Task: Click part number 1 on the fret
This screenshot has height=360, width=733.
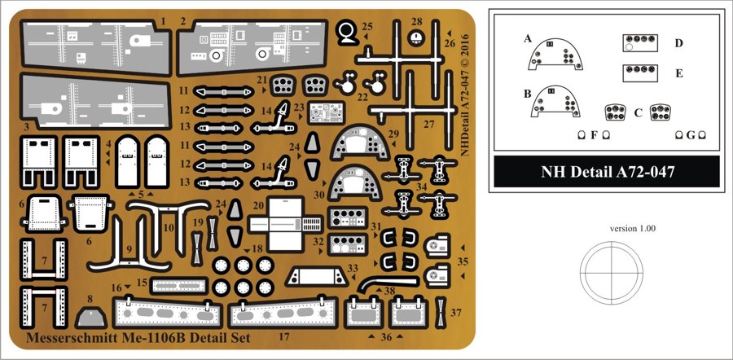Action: (163, 21)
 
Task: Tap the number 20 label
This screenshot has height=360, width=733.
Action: (258, 206)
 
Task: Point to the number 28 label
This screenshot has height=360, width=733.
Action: (417, 21)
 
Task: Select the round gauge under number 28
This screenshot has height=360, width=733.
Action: (415, 38)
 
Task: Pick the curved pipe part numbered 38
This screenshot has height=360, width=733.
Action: (388, 282)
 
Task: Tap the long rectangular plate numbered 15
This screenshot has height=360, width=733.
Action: (179, 285)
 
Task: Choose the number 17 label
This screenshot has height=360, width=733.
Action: (283, 336)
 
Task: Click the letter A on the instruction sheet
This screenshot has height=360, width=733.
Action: (528, 39)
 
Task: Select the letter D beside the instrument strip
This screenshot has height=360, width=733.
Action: (678, 43)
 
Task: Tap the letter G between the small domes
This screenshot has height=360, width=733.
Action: (691, 135)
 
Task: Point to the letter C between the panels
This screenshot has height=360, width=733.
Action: (638, 112)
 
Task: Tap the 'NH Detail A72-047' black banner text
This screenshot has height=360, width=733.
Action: (608, 172)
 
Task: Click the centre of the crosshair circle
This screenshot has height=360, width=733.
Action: (612, 273)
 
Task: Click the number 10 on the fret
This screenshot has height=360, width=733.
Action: (169, 228)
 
